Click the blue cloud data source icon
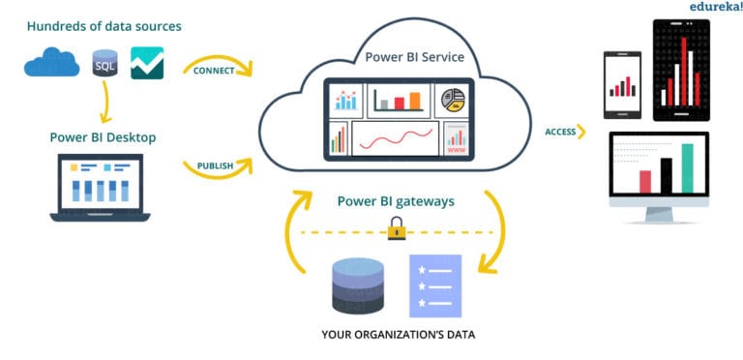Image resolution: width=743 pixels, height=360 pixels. click(52, 64)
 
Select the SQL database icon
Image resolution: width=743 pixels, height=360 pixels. click(104, 64)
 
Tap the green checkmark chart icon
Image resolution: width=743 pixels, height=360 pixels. click(147, 63)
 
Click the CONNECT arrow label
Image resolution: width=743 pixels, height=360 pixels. click(215, 71)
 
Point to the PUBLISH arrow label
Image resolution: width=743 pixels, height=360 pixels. click(215, 165)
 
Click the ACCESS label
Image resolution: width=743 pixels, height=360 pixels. click(560, 132)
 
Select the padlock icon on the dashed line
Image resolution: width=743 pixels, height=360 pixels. click(395, 228)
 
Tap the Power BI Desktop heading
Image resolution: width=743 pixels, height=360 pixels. click(103, 137)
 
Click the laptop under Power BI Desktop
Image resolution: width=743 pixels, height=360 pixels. click(102, 189)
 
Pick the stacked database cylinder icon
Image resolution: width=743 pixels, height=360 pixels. click(359, 285)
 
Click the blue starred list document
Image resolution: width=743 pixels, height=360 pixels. click(434, 286)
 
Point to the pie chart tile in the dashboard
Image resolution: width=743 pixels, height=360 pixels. click(452, 99)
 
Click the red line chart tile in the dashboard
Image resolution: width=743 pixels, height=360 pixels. click(395, 140)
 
